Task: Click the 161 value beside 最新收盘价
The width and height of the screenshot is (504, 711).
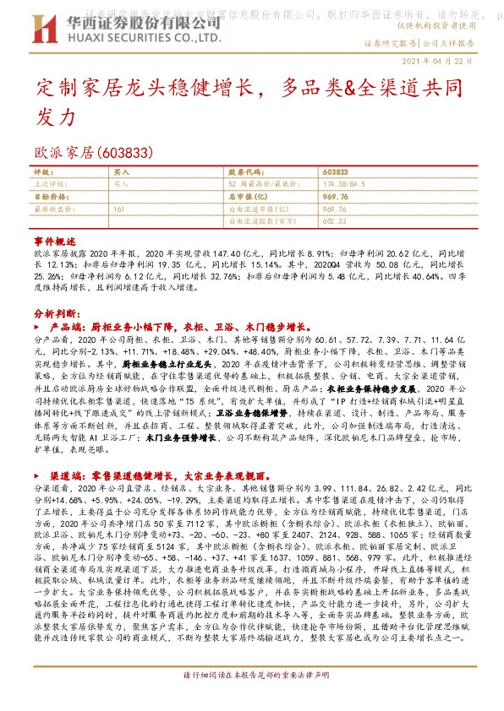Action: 118,208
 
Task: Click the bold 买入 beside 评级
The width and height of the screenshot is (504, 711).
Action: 121,171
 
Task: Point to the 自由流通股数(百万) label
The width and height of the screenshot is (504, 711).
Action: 258,220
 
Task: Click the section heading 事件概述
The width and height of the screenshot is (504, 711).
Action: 55,241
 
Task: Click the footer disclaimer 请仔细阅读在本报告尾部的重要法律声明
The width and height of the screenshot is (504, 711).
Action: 251,700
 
